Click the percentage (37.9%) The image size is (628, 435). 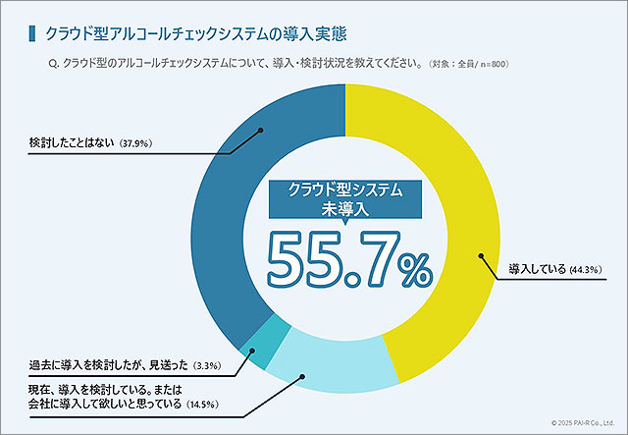click(134, 147)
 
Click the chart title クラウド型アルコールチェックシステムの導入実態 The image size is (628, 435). click(183, 34)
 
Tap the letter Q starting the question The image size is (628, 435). click(51, 65)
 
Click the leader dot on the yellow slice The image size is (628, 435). click(480, 256)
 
